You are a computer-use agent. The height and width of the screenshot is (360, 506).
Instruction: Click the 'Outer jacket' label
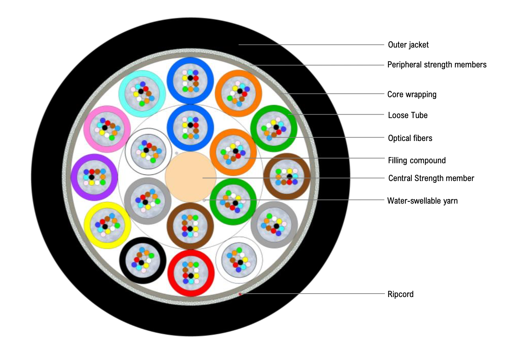408,45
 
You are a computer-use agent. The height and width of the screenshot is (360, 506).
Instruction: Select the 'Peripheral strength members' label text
437,65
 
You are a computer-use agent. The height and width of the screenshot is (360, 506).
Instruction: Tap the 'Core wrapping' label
412,94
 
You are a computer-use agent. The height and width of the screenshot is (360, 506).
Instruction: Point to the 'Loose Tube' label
407,115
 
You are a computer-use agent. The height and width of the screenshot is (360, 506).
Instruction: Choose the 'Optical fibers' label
410,138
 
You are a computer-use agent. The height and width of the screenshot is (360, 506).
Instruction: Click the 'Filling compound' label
417,160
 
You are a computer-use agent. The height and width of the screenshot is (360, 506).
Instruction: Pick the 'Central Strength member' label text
431,178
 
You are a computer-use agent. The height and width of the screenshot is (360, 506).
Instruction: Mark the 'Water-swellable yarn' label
422,201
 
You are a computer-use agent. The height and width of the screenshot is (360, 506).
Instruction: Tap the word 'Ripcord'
400,294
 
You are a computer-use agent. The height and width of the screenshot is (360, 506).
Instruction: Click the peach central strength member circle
190,177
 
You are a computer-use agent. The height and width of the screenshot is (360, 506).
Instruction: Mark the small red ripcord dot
240,294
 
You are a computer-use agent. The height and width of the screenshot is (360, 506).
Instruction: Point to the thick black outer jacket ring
48,177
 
